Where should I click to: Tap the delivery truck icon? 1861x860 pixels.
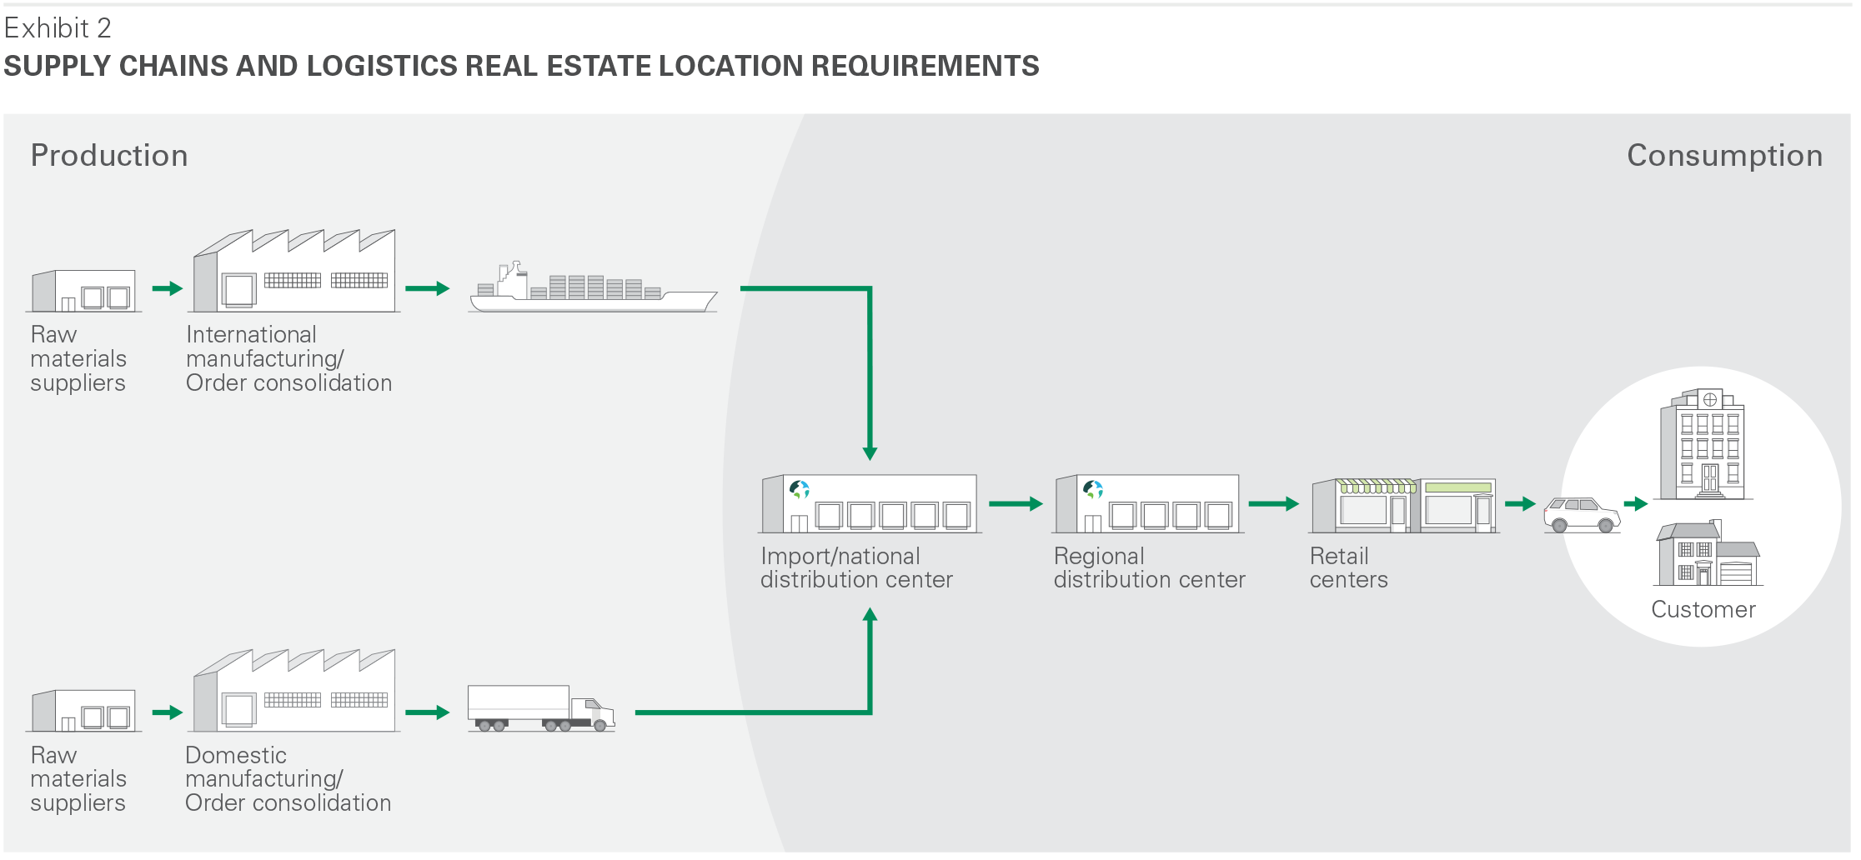540,709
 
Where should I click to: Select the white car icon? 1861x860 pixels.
1582,514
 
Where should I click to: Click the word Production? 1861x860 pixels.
109,156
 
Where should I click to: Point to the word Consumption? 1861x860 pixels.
1724,156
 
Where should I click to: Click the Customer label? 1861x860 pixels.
1703,610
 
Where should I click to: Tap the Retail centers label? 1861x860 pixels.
1348,568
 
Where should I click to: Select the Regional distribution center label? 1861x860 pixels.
1149,568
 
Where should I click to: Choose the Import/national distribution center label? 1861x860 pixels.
856,568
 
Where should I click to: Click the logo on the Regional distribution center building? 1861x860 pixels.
1093,489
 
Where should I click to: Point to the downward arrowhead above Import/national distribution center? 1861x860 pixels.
870,453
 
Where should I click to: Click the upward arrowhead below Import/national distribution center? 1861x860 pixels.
870,615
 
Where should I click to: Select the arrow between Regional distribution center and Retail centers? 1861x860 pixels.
1273,504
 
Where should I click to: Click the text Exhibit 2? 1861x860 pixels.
58,28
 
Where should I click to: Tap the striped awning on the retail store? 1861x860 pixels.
1377,486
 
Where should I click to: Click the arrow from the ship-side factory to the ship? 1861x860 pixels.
427,289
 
